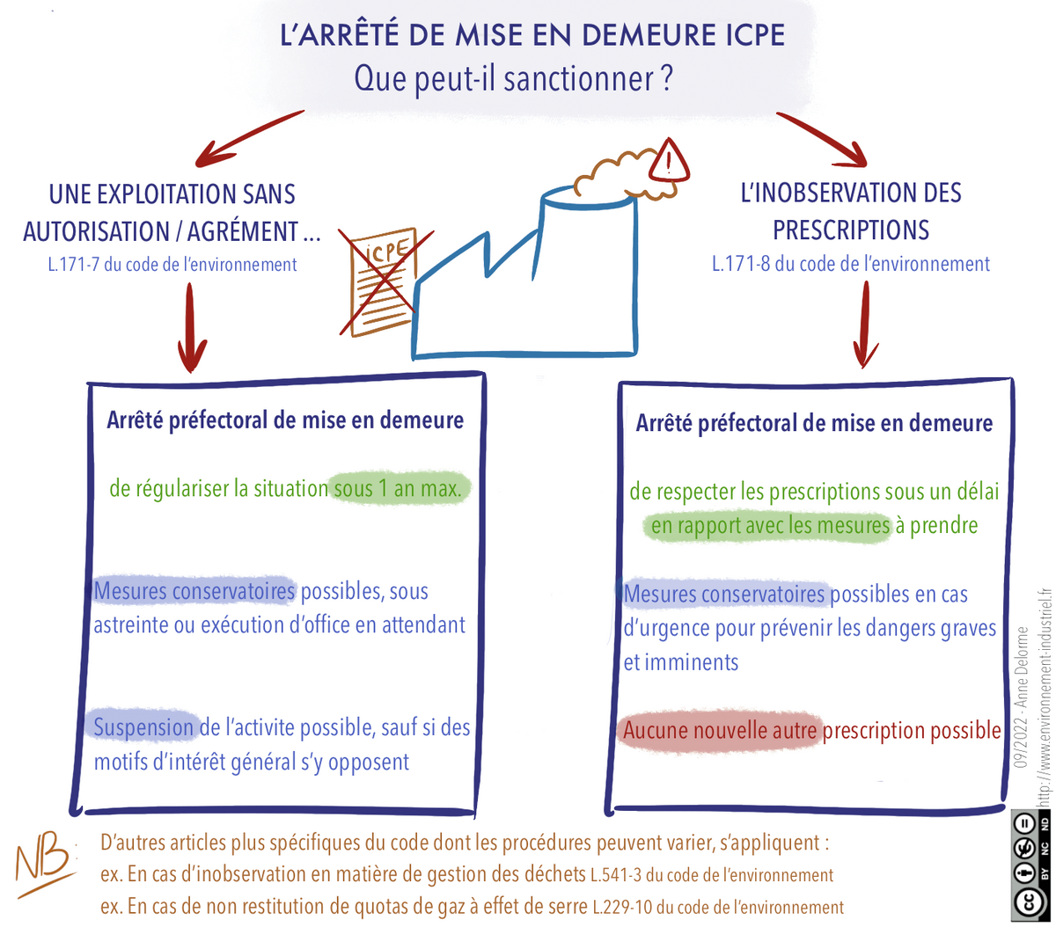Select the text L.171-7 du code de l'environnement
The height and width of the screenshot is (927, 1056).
[x=172, y=265]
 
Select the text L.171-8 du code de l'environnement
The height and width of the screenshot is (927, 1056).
[x=850, y=264]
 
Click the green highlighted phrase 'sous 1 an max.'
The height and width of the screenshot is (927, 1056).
[x=397, y=488]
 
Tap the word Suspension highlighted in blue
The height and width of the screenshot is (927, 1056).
[x=143, y=727]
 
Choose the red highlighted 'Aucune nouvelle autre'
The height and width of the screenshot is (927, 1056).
[x=721, y=731]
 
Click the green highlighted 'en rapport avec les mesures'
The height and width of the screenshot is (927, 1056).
[x=770, y=526]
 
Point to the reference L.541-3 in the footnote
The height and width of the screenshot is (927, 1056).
[x=615, y=875]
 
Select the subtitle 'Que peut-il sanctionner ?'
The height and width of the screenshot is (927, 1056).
[x=513, y=78]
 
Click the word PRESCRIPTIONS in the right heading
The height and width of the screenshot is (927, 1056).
[x=850, y=230]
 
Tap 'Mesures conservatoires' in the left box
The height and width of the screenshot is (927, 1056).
[x=194, y=591]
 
